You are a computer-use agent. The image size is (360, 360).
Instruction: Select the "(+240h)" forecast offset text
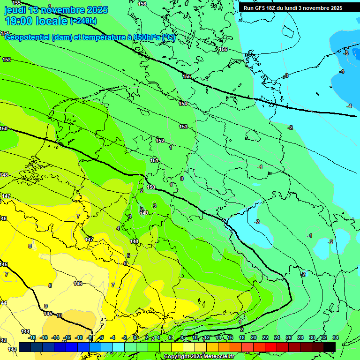coord(83,21)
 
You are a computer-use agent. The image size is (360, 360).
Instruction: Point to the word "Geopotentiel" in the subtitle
coord(27,37)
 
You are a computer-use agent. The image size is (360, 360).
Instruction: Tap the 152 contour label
coord(160,141)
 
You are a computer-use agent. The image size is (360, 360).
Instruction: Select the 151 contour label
coord(154,161)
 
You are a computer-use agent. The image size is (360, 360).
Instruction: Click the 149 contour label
coord(144,213)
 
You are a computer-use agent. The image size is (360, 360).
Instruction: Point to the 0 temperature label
coord(182,179)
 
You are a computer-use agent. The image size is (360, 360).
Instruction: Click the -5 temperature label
coord(346,53)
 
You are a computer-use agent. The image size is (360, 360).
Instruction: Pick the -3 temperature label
coord(286,75)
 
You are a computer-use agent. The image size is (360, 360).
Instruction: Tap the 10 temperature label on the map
coord(59,315)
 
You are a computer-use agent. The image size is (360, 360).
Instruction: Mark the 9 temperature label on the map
coord(46,306)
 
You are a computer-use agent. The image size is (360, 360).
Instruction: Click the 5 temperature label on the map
coord(128,255)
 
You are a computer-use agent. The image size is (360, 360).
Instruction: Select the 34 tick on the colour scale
coord(335,337)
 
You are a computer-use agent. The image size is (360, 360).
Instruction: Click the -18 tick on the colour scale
coord(32,337)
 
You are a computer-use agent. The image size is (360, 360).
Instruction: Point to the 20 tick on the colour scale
coord(254,337)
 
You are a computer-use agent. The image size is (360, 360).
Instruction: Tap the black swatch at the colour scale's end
coord(329,347)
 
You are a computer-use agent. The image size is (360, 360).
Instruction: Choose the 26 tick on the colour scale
coord(289,337)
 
